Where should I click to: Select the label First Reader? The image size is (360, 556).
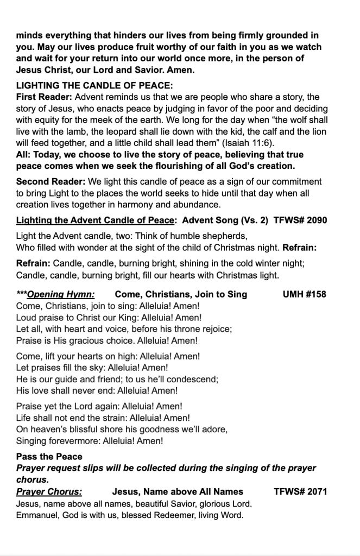42,97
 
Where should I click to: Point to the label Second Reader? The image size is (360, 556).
48,181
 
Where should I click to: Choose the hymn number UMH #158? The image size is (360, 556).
305,294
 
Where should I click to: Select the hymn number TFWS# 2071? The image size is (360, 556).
300,492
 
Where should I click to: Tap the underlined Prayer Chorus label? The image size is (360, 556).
49,492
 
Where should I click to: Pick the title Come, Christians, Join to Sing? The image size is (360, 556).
181,294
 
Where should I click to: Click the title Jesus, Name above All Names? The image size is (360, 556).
177,492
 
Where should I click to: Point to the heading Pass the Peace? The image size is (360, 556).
49,457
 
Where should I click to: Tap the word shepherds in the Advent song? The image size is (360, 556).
225,236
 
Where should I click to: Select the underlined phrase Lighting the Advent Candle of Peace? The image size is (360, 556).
96,220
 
